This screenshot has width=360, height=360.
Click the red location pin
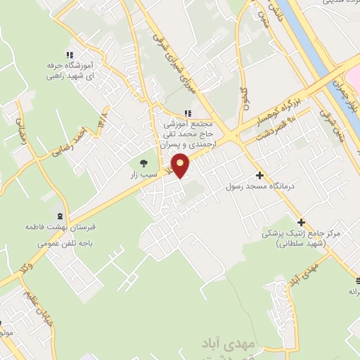(x=181, y=166)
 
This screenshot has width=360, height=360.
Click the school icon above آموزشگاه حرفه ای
(x=68, y=56)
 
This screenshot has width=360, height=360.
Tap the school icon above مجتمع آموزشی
(x=187, y=113)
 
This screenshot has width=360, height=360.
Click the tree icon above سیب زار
(x=145, y=163)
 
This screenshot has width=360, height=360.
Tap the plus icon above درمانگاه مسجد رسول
(x=260, y=175)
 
